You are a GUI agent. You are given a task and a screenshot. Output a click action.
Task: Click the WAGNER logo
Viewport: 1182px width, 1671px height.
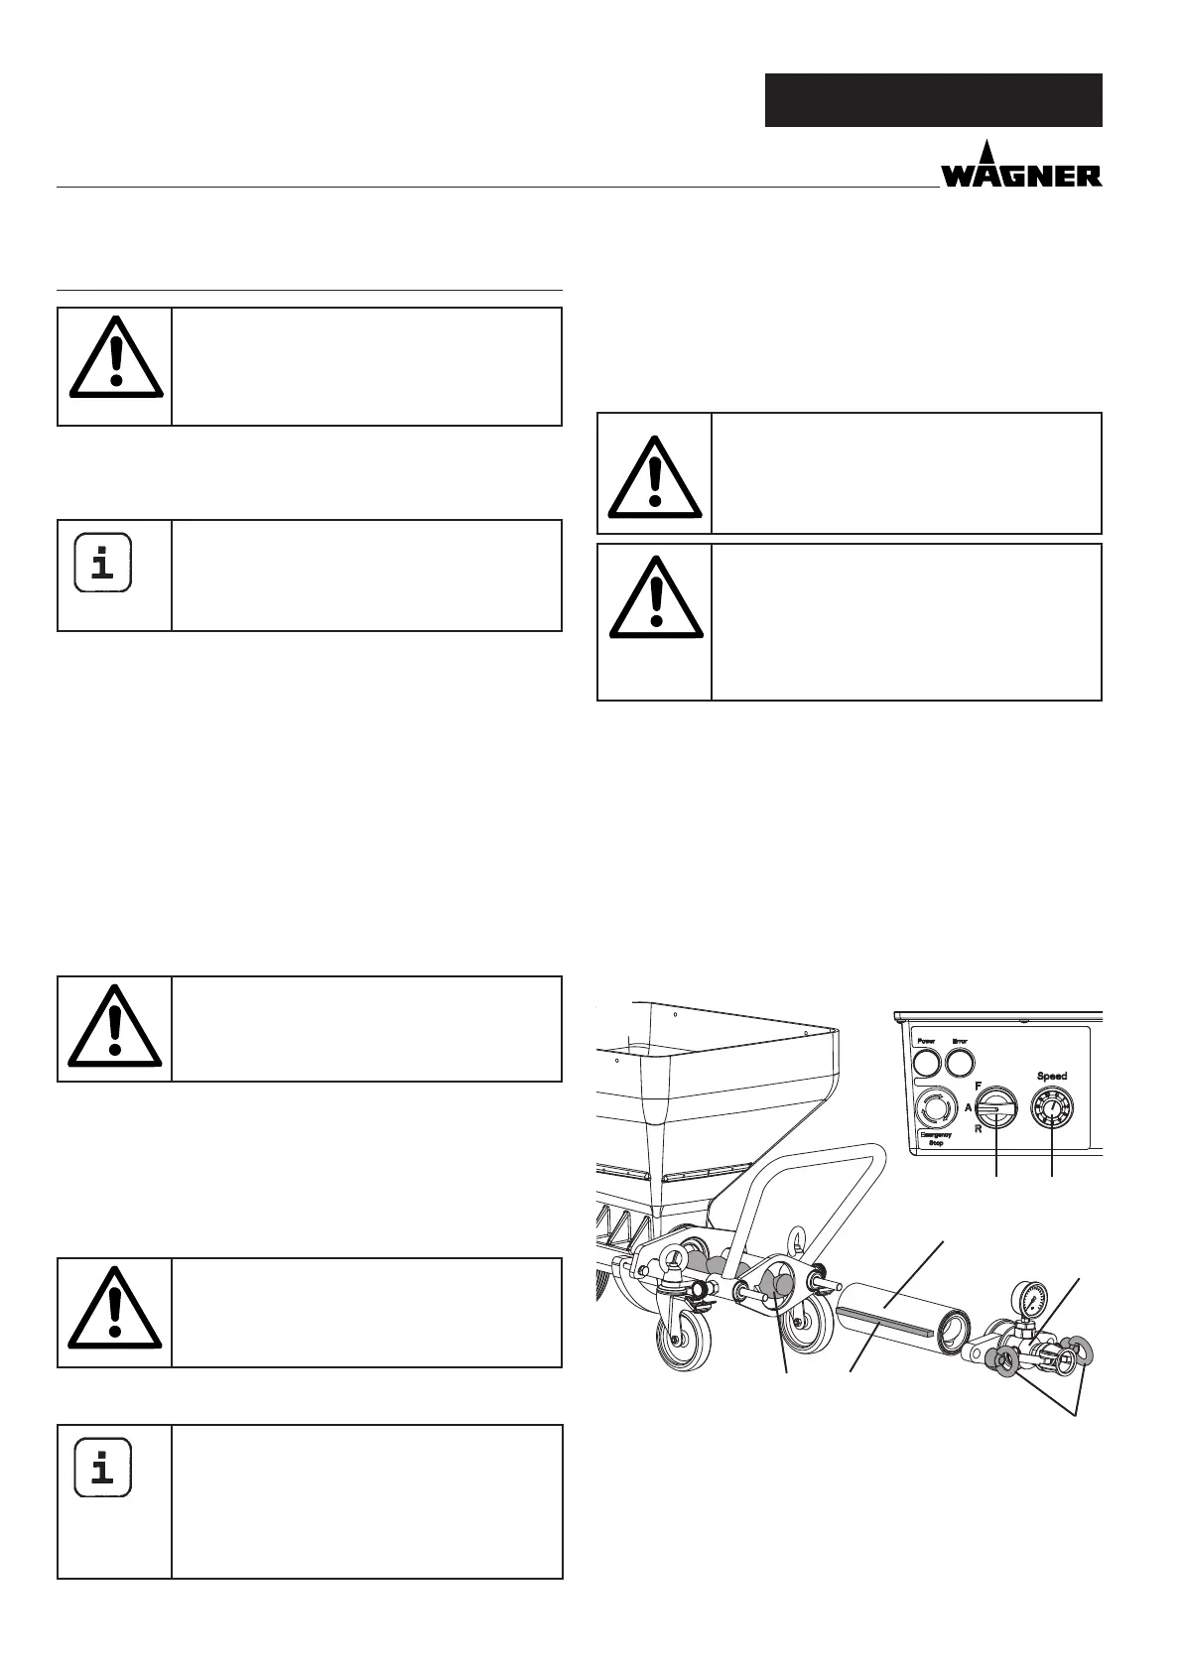point(1021,169)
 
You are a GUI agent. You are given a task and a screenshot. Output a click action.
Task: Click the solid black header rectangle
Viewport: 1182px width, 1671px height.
point(933,100)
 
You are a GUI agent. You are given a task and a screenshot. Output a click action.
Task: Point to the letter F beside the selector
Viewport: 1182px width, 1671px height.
point(979,1087)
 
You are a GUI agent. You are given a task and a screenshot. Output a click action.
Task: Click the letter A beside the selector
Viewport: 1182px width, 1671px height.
point(969,1107)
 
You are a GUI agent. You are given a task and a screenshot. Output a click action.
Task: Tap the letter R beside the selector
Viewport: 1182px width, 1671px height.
point(978,1128)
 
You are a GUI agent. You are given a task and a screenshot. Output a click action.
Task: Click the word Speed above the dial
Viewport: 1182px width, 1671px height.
point(1052,1076)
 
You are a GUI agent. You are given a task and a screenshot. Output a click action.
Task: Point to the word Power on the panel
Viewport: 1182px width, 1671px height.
point(924,1042)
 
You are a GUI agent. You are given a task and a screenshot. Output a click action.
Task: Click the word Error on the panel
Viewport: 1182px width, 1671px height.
point(960,1042)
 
